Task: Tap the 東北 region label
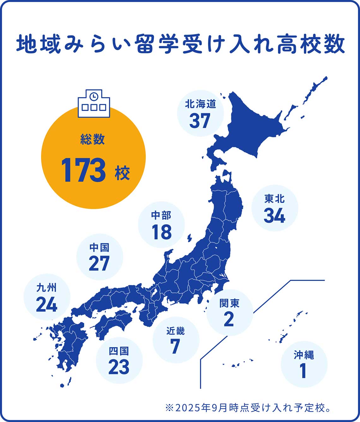[274, 199]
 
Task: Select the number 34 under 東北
[274, 216]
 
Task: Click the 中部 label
[161, 215]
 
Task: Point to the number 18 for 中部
[161, 232]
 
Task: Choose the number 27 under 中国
[99, 264]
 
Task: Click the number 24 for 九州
[46, 304]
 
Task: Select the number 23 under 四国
[119, 367]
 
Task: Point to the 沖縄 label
[303, 355]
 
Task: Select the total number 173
[84, 171]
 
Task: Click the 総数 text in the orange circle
[93, 140]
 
